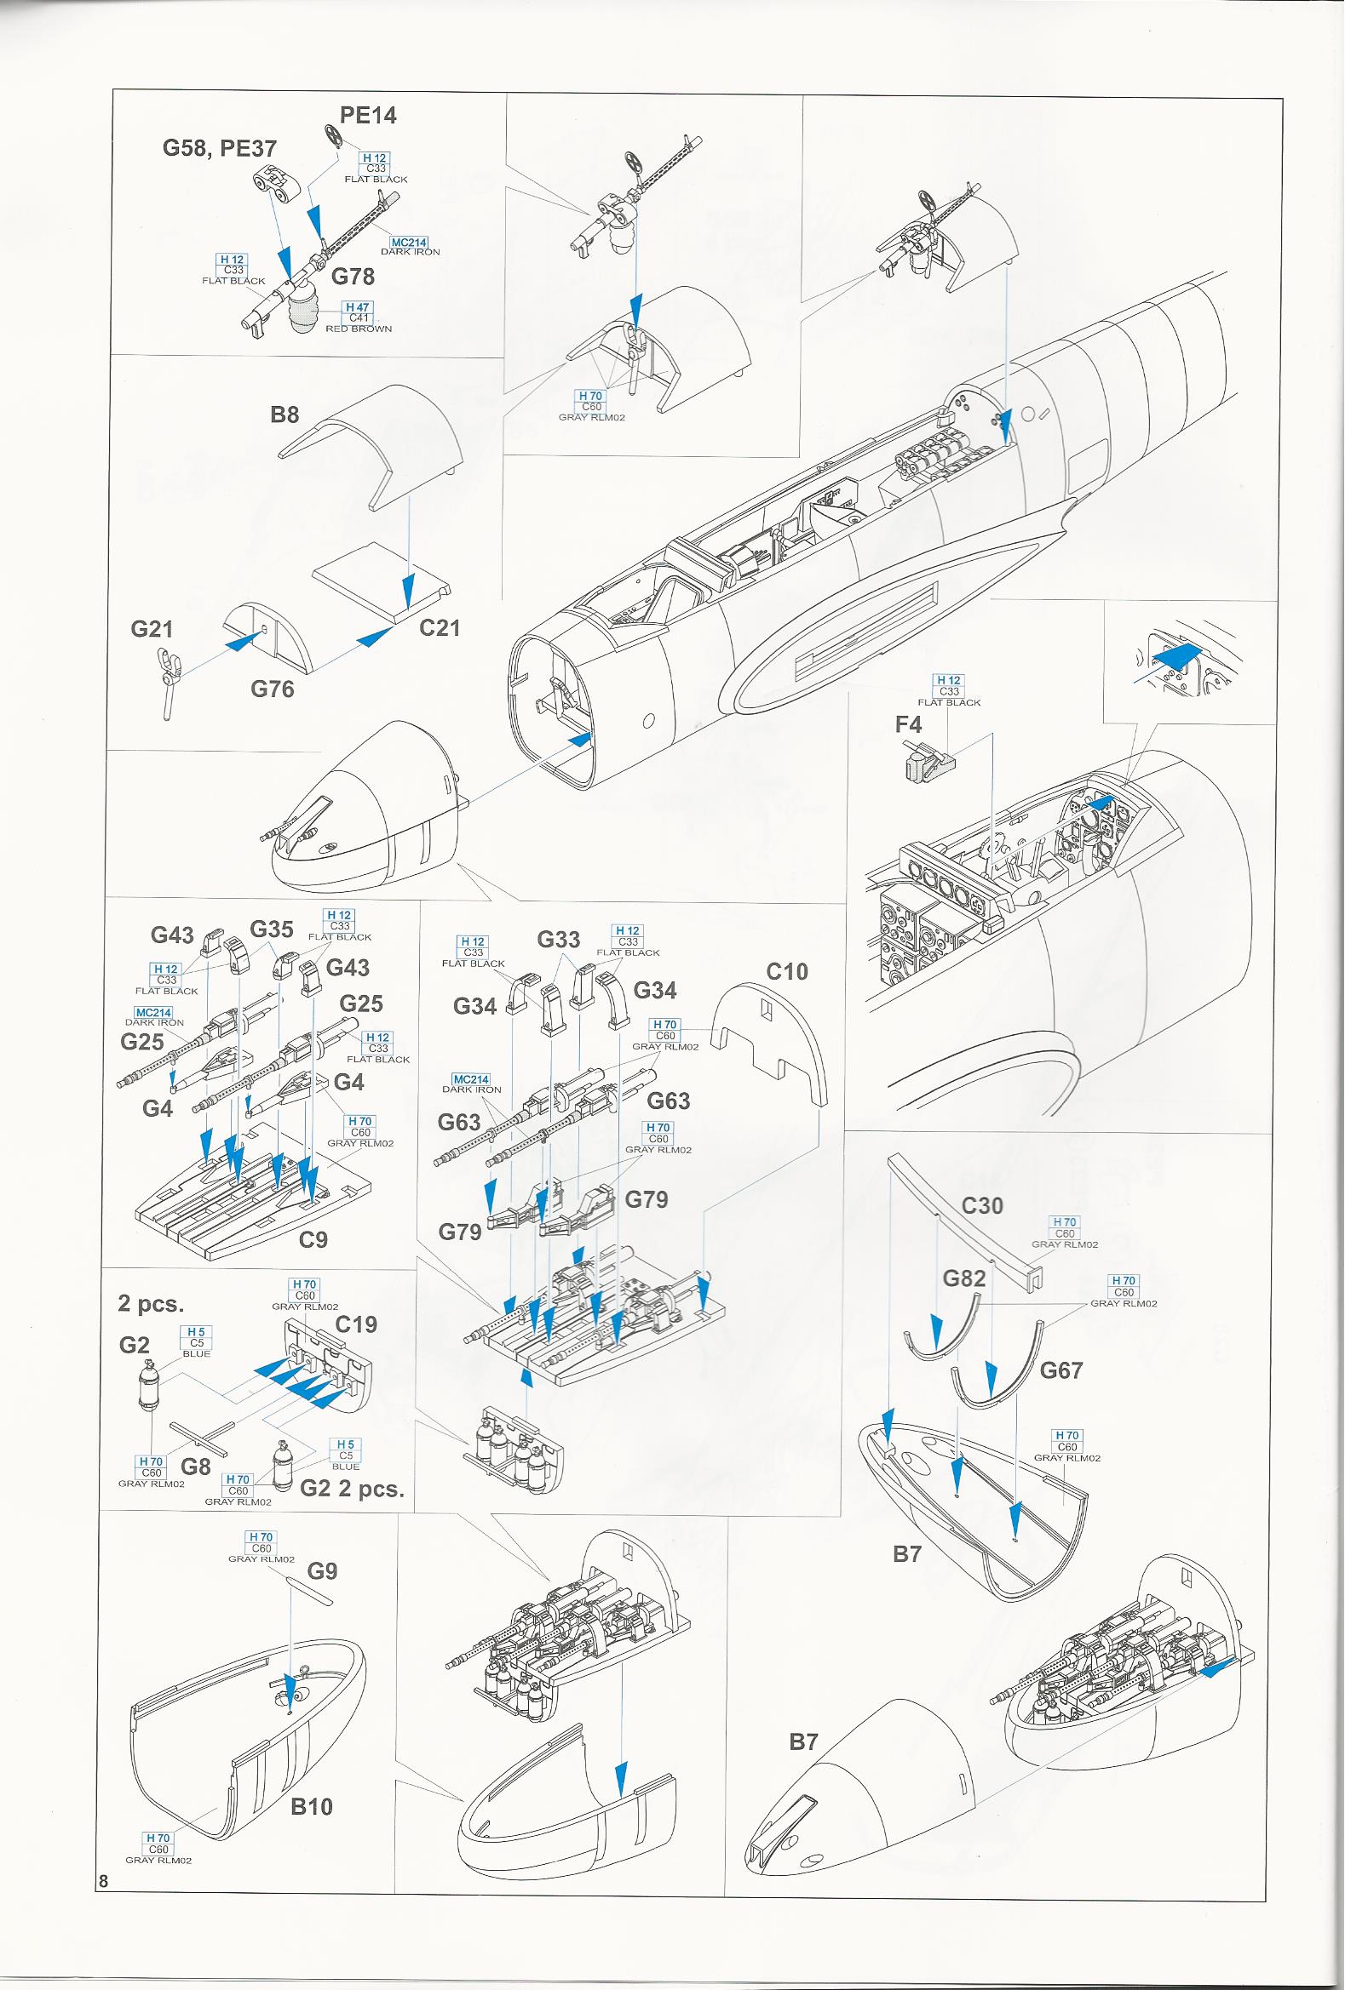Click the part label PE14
pos(368,116)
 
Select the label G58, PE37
pos(220,148)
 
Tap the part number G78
pos(353,277)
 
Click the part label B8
pos(285,415)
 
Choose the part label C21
pos(440,627)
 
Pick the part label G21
pos(152,629)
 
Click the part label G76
pos(273,689)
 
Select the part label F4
pos(909,724)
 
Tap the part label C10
pos(787,972)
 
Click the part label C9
pos(313,1240)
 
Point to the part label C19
pos(356,1324)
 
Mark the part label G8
pos(195,1466)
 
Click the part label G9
pos(322,1571)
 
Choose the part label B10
pos(312,1807)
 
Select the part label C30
pos(982,1205)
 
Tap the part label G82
pos(964,1278)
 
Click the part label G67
pos(1061,1370)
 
